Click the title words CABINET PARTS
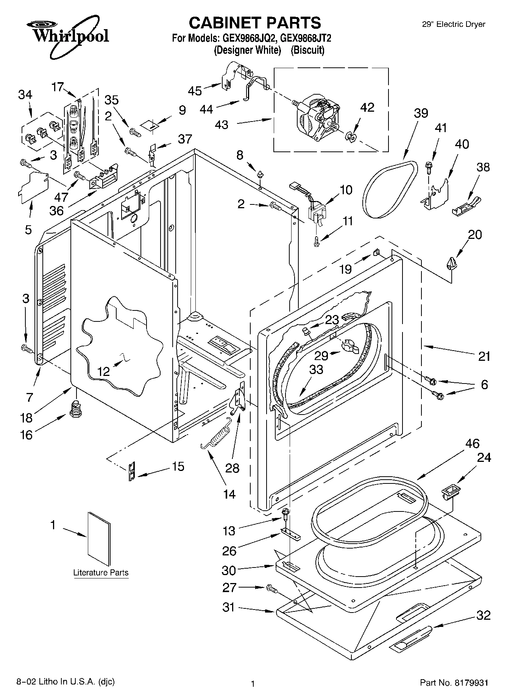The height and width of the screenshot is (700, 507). click(254, 23)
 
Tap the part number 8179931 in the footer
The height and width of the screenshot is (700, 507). click(471, 683)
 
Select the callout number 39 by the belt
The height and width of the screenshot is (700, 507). click(421, 114)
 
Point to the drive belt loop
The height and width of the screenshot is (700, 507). click(390, 189)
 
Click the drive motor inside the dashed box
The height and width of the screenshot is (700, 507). click(316, 115)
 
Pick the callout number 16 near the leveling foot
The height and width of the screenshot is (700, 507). click(26, 435)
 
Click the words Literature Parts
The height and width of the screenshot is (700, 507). click(101, 572)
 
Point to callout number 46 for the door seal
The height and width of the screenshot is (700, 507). click(473, 444)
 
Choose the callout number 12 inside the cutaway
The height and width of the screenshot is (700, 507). click(103, 371)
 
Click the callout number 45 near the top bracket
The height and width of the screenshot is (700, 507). click(195, 91)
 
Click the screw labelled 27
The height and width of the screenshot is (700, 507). click(272, 589)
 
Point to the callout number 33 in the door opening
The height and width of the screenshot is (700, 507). click(316, 369)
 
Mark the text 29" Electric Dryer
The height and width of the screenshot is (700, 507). click(454, 24)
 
